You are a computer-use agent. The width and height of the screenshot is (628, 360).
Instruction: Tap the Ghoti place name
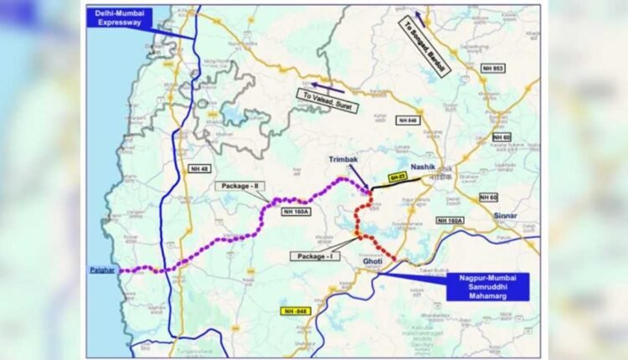tap(371, 262)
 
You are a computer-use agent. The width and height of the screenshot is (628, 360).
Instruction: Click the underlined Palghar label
tap(101, 271)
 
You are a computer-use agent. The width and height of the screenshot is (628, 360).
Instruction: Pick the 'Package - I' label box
tap(315, 255)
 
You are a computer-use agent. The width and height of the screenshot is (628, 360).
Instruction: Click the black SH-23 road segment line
tap(398, 183)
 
